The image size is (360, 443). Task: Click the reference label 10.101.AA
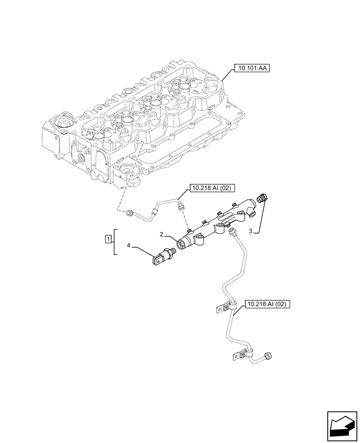[251, 69]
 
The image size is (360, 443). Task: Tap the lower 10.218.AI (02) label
[267, 304]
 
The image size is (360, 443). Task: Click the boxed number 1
[108, 240]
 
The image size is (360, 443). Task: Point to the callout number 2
[162, 233]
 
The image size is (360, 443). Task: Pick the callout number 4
[129, 245]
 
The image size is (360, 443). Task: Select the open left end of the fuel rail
[181, 244]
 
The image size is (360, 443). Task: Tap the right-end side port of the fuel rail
[252, 214]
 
